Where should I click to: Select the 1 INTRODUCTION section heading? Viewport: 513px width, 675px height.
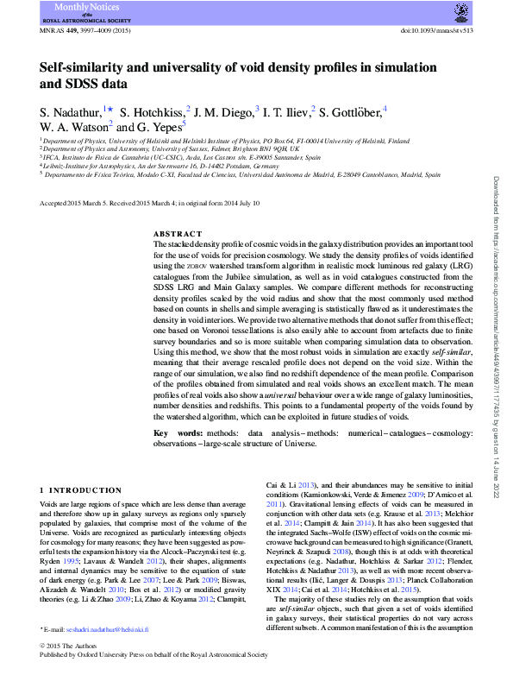coord(78,490)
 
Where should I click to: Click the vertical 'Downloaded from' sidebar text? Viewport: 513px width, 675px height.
coord(497,216)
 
